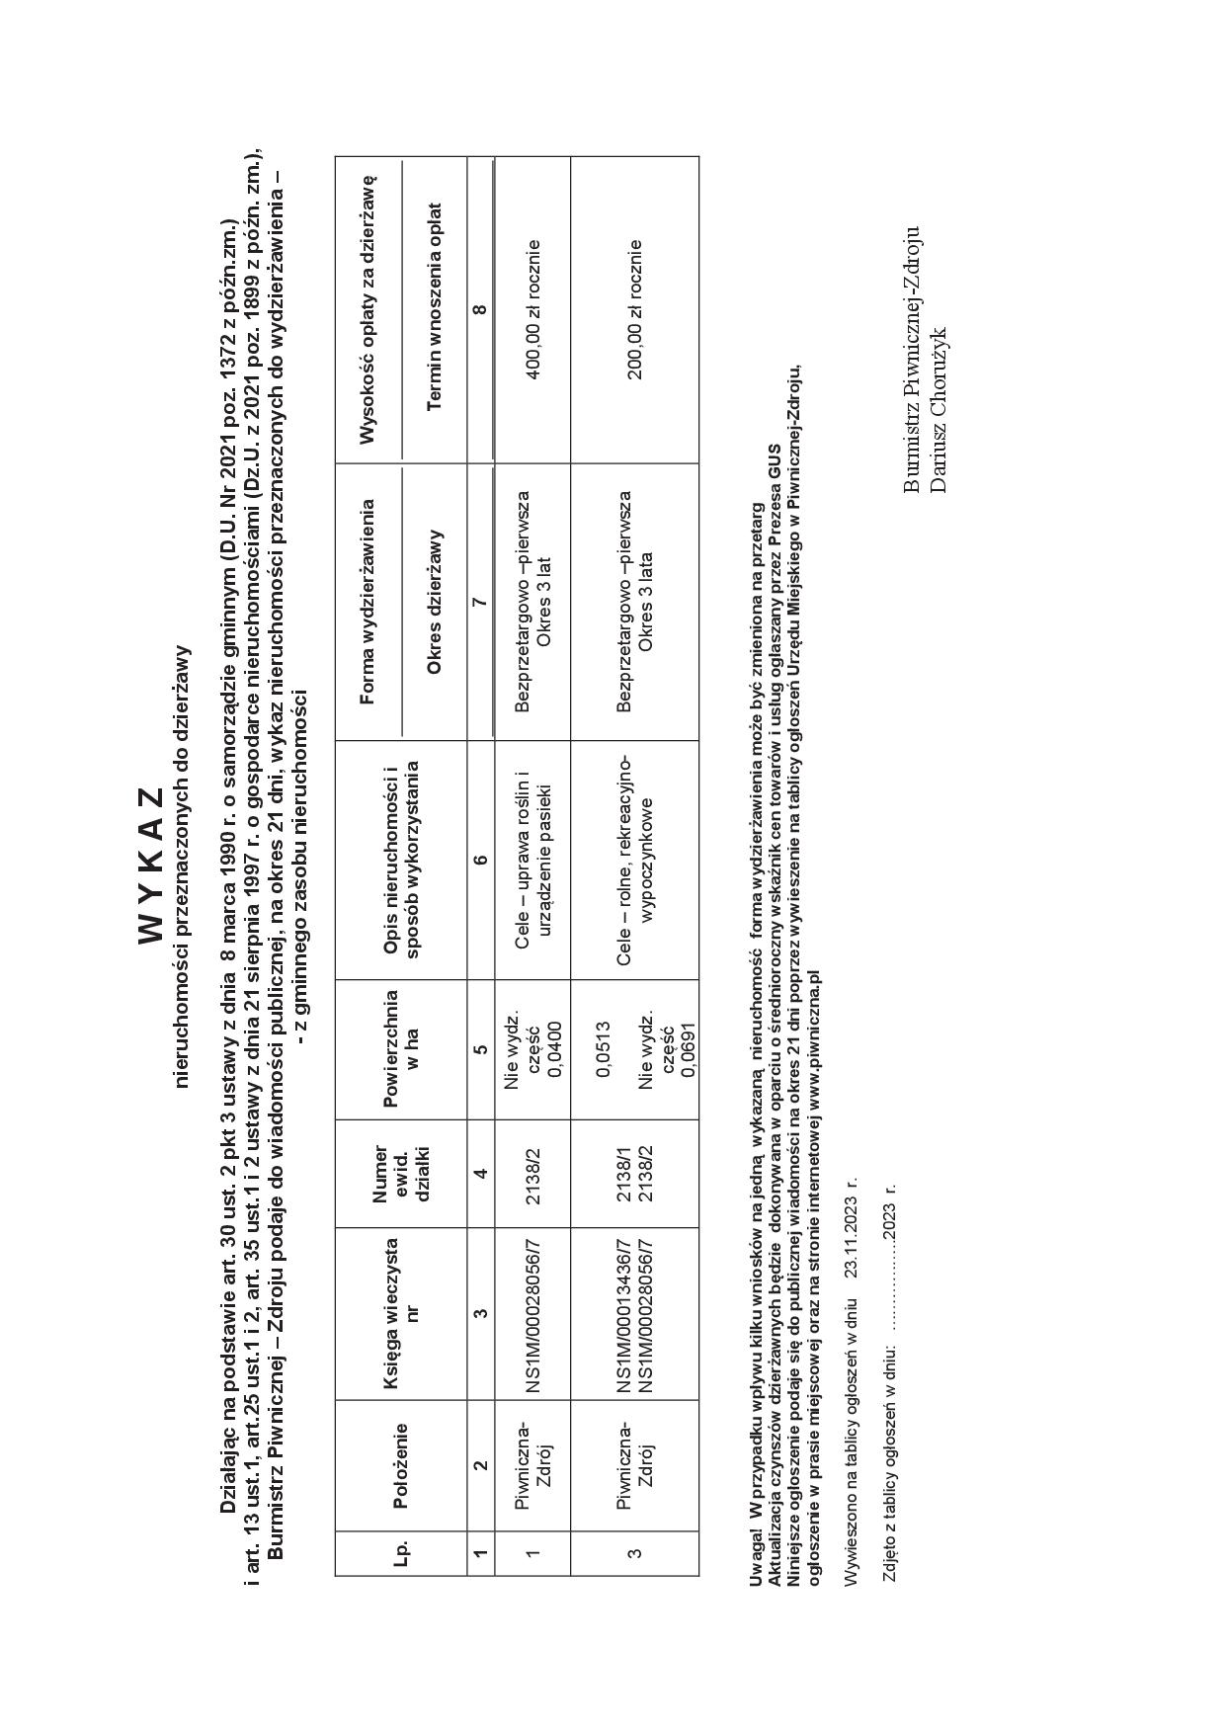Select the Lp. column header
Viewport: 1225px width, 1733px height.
400,1552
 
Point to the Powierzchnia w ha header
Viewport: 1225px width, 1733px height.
400,1049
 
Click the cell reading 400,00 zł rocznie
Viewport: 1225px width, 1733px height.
532,310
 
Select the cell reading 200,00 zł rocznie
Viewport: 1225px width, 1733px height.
635,310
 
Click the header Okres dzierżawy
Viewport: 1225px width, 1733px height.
435,602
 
